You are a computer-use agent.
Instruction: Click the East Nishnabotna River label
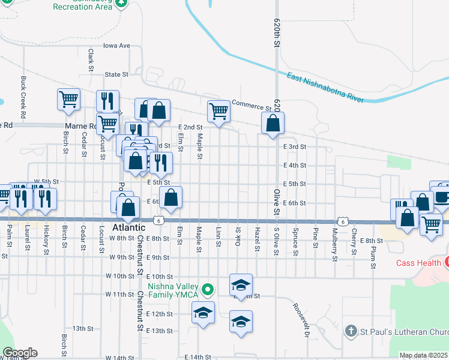coord(325,88)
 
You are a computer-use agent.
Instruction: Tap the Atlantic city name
coord(129,228)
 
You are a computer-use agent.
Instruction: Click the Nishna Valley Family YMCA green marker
coord(208,290)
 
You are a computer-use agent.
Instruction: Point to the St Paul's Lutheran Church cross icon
coord(352,331)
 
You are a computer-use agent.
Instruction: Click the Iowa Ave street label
coord(116,46)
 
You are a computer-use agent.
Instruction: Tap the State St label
coord(117,75)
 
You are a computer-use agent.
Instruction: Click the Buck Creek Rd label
coord(23,96)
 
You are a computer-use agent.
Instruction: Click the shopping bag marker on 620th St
coord(273,124)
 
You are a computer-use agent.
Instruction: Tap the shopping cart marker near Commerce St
coord(218,111)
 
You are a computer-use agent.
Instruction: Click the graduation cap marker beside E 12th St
coord(203,313)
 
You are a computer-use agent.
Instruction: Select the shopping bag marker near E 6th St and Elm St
coord(170,197)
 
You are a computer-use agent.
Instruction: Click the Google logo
coord(19,352)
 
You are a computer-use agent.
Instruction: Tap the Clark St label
coord(91,59)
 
